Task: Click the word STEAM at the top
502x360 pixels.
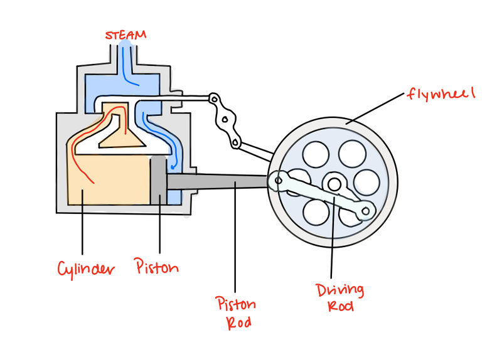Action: coord(125,34)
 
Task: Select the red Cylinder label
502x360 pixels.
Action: coord(86,269)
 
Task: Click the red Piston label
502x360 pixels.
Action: coord(158,268)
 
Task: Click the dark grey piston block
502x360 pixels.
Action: coord(158,181)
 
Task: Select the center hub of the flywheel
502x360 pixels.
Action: coord(334,184)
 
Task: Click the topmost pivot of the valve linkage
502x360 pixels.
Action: coord(215,98)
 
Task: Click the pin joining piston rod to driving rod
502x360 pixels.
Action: coord(275,181)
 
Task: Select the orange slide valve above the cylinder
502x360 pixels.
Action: coord(122,125)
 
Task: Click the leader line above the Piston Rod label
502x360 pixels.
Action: coord(235,238)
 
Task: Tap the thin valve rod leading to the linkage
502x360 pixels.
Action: coord(188,98)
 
